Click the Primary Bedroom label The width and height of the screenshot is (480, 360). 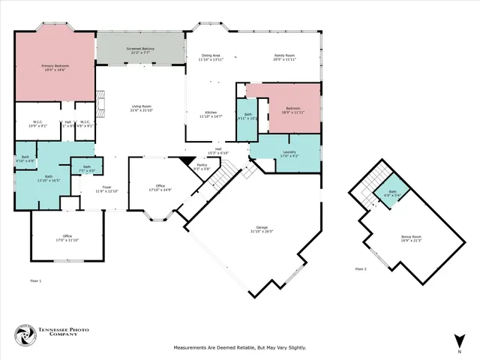[55, 67]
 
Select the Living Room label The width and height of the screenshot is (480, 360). [142, 109]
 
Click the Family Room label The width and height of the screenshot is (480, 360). [284, 57]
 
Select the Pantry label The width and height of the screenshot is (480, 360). [201, 167]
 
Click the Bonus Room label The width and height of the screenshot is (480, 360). [411, 238]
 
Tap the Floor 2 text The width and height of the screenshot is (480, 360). [361, 268]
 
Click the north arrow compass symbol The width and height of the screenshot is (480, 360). [457, 339]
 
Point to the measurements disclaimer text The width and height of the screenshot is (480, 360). [240, 347]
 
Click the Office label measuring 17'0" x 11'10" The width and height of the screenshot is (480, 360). [67, 238]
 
